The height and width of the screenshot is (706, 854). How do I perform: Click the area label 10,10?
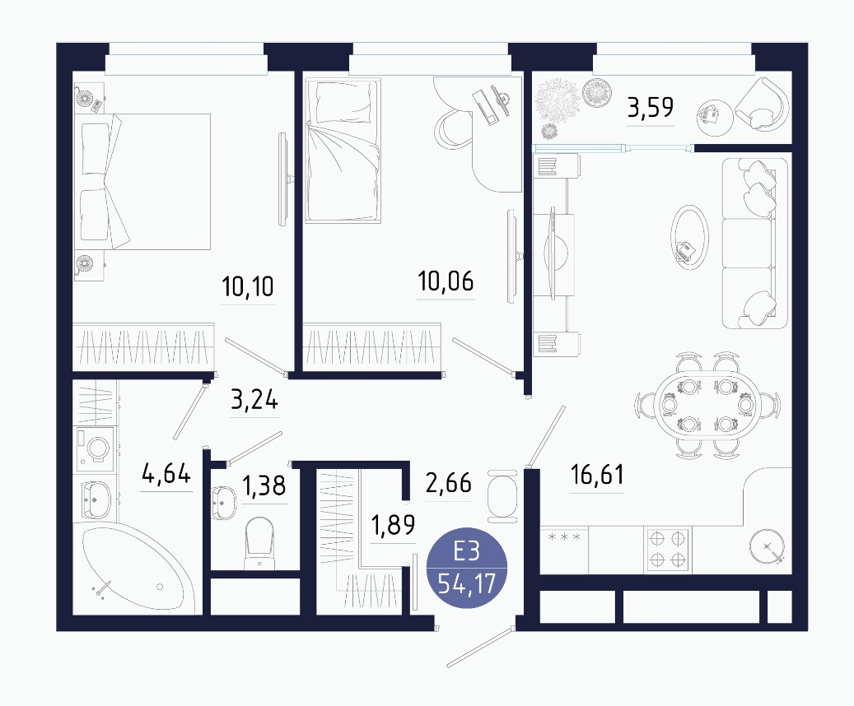[x=248, y=286]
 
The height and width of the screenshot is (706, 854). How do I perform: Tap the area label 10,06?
[x=446, y=281]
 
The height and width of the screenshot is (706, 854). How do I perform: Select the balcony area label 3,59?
[x=651, y=107]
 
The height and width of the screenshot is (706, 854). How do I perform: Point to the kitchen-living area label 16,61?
[x=597, y=475]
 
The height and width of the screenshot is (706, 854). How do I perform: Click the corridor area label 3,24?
[x=254, y=400]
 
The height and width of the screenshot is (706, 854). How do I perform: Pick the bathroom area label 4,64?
[x=166, y=473]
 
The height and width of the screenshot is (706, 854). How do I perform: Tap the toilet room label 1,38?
[x=264, y=485]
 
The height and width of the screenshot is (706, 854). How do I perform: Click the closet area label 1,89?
[x=393, y=525]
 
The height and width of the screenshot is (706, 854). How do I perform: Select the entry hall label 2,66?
[x=448, y=483]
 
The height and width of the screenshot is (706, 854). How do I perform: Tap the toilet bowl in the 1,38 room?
[x=259, y=543]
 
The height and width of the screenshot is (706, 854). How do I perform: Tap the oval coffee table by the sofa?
[x=689, y=237]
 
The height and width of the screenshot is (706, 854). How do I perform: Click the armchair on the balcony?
[x=762, y=104]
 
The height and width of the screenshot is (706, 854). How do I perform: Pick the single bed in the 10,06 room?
[x=343, y=151]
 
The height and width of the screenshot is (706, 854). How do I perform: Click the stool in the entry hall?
[x=502, y=496]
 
